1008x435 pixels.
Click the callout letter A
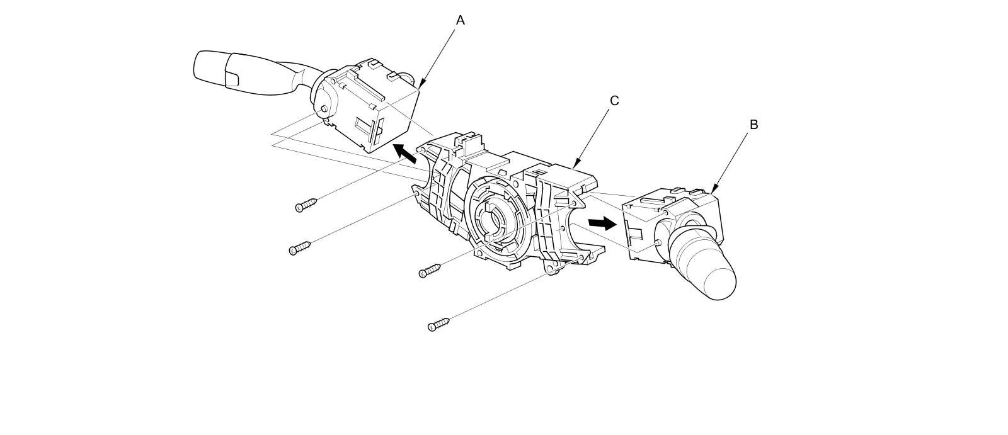pyautogui.click(x=460, y=20)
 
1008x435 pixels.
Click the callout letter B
pyautogui.click(x=753, y=125)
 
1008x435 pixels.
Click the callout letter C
pyautogui.click(x=614, y=101)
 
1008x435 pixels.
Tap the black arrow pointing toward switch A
pyautogui.click(x=403, y=152)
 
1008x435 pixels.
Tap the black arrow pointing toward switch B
pyautogui.click(x=602, y=223)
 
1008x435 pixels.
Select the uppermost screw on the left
pyautogui.click(x=306, y=205)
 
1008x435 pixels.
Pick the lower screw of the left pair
pyautogui.click(x=300, y=247)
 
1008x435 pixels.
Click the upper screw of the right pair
pyautogui.click(x=430, y=270)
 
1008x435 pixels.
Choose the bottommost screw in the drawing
pyautogui.click(x=438, y=325)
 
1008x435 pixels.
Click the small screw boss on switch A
pyautogui.click(x=324, y=110)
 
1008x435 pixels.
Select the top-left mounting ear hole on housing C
pyautogui.click(x=422, y=150)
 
